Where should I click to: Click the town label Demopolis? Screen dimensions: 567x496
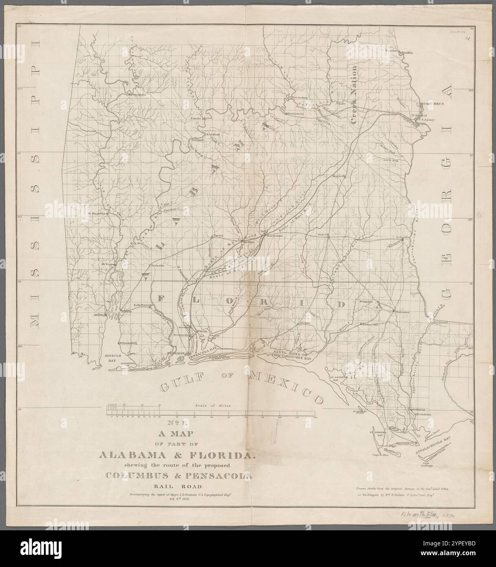[137, 94]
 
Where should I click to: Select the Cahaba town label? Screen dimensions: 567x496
[197, 119]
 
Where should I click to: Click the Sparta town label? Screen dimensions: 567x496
[216, 236]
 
